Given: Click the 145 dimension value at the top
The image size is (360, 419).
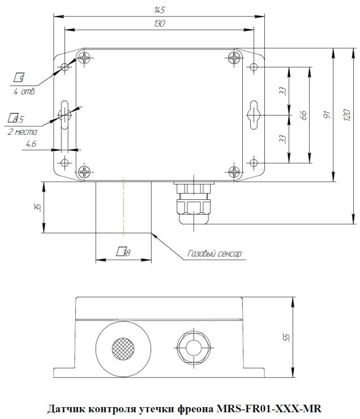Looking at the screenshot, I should [x=159, y=9].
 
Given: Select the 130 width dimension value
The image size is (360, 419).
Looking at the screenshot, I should [x=159, y=24].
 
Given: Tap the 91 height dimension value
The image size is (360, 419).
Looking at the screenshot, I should [x=327, y=115].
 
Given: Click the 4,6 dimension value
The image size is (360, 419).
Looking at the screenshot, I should [x=31, y=144].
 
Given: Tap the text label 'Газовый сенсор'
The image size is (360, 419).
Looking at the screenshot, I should [x=214, y=254].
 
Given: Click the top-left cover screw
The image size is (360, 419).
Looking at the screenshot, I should [x=85, y=57].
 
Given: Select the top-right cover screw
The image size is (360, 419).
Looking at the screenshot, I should [x=234, y=57].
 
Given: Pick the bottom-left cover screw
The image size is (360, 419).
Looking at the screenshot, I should [x=85, y=172].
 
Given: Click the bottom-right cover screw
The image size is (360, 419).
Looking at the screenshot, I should [x=234, y=172].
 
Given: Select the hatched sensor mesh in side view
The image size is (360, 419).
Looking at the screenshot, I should [x=123, y=347].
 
